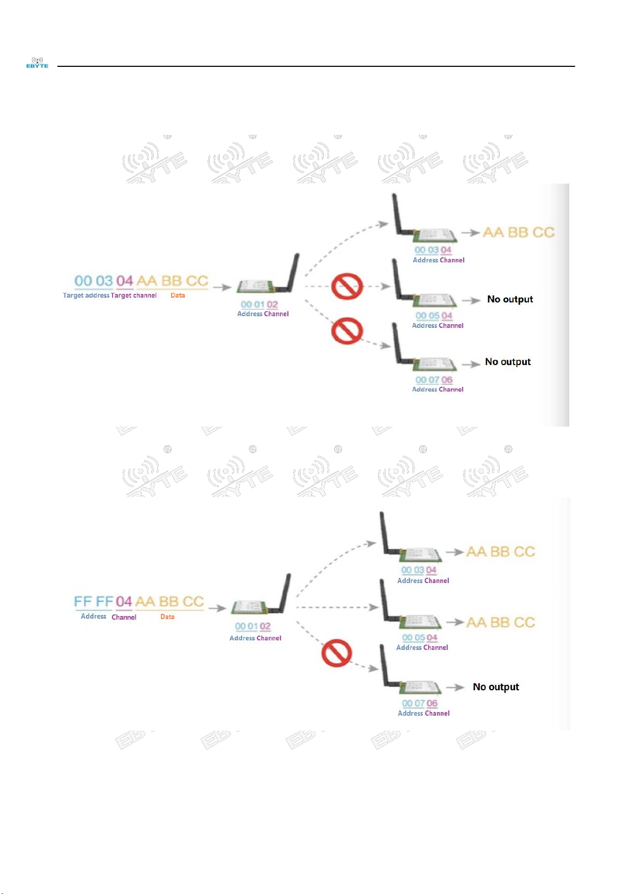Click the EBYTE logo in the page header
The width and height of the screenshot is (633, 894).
point(37,63)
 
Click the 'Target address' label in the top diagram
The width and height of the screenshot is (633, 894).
point(85,296)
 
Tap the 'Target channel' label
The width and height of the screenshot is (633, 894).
point(134,296)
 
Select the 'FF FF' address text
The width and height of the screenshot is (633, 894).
point(94,602)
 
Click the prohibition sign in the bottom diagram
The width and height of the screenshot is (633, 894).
point(337,653)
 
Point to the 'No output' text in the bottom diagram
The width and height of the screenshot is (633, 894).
point(495,687)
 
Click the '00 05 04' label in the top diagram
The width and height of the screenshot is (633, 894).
point(433,316)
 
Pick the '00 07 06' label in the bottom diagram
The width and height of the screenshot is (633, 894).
point(420,704)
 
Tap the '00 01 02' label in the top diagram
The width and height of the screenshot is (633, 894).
point(259,305)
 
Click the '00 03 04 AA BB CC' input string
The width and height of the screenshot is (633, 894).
point(141,281)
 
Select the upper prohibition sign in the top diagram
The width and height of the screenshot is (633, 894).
point(347,287)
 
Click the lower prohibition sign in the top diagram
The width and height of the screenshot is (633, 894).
point(347,331)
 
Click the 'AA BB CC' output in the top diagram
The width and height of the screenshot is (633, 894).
point(518,232)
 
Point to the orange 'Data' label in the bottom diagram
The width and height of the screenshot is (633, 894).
point(167,617)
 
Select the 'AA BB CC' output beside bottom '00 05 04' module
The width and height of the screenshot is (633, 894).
point(500,622)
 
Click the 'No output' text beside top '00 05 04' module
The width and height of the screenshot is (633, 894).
point(510,299)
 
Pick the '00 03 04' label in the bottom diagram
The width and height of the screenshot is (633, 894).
point(418,570)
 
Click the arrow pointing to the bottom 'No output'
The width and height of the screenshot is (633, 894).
point(455,687)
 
